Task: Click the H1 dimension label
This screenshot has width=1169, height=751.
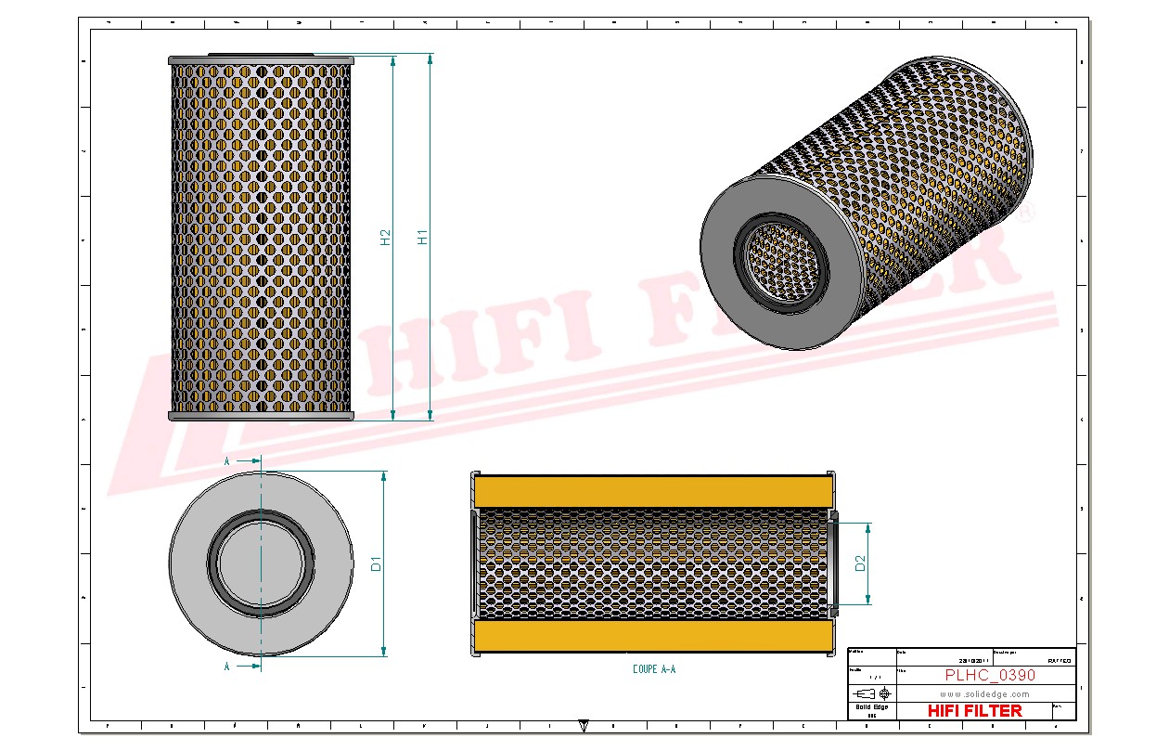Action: point(423,236)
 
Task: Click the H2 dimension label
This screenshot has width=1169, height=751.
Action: point(386,237)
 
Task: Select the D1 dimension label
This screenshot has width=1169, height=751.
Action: point(376,563)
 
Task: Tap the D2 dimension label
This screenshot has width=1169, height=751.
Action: point(860,563)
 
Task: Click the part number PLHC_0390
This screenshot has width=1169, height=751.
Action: point(990,676)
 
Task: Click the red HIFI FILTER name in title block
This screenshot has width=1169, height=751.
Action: point(974,710)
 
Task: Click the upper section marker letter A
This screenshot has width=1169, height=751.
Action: point(227,460)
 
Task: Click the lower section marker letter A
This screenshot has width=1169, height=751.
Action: point(227,667)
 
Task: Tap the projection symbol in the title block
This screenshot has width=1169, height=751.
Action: point(873,693)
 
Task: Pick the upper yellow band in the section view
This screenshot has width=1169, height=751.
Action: point(654,490)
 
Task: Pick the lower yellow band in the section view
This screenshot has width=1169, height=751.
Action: point(654,637)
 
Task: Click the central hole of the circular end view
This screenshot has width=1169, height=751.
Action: point(261,563)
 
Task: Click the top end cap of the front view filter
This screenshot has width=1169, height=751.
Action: point(262,60)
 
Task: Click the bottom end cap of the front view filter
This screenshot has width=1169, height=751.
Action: point(262,417)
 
